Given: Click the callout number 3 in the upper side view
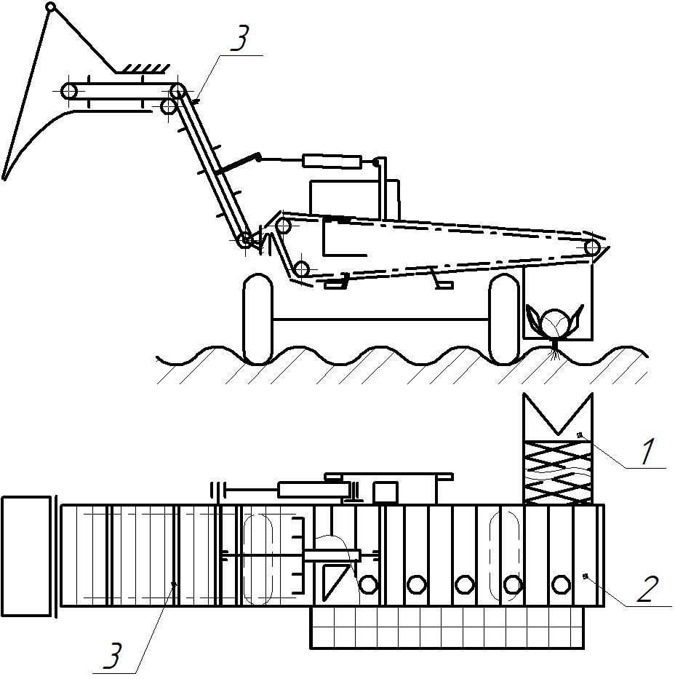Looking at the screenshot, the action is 240,38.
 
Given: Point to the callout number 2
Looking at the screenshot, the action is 649,589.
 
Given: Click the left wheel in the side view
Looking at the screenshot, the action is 258,318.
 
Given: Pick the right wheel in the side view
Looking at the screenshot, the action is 504,318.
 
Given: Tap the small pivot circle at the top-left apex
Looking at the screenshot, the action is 51,7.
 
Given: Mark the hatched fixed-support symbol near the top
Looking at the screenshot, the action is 142,69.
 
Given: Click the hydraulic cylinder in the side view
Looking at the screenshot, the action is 332,162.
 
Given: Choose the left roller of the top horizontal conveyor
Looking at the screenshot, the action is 69,92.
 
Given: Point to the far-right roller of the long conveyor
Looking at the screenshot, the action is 591,248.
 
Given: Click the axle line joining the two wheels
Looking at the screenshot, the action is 381,319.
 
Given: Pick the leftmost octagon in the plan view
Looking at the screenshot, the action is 368,584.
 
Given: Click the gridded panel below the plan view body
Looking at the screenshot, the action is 447,627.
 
